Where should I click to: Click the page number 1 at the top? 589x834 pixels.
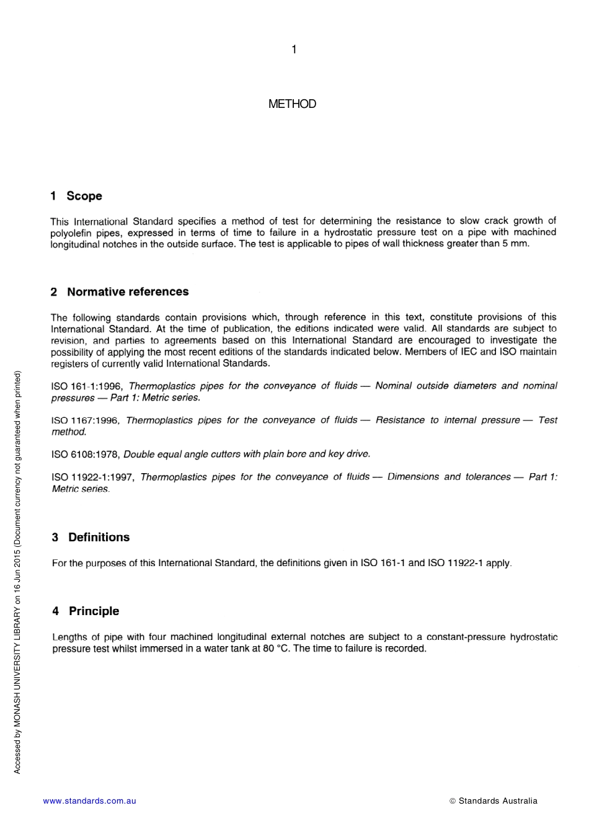coord(294,50)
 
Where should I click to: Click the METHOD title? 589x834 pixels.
coord(292,104)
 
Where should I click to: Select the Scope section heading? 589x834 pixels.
coord(76,196)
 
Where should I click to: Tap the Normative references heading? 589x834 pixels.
coord(120,292)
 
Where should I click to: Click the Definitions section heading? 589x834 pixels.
coord(91,538)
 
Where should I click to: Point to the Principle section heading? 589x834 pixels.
coord(86,611)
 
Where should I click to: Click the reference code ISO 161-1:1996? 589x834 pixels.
coord(86,386)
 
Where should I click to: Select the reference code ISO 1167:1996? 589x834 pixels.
coord(85,420)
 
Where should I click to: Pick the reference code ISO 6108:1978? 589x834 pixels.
coord(86,455)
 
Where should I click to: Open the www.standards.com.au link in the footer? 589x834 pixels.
coord(89,801)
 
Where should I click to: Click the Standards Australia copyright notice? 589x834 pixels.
coord(494,801)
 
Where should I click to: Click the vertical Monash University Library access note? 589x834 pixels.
coord(17,572)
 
